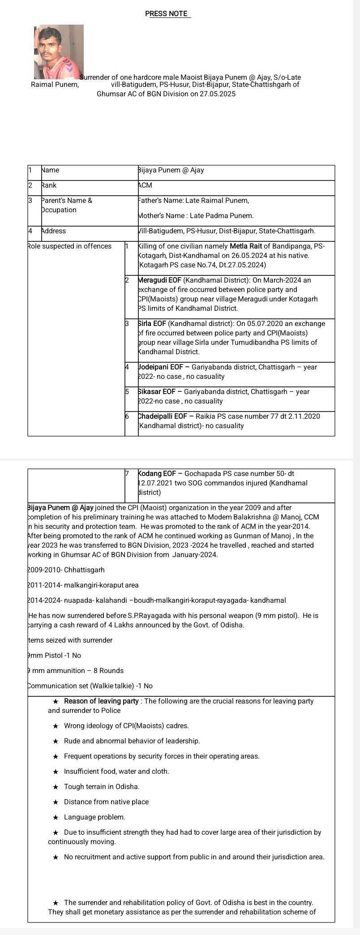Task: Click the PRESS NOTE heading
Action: [167, 14]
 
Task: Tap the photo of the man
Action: [59, 52]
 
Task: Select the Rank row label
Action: [49, 185]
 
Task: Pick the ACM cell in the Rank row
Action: [145, 185]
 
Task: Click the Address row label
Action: [53, 231]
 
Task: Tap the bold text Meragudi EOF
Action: [159, 280]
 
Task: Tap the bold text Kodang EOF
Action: [157, 473]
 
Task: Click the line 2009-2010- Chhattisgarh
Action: [66, 570]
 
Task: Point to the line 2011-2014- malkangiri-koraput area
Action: [83, 585]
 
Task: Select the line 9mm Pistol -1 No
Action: [55, 655]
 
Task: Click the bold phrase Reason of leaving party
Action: [102, 701]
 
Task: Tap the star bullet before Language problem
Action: [56, 817]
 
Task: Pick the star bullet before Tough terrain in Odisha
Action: [56, 786]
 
